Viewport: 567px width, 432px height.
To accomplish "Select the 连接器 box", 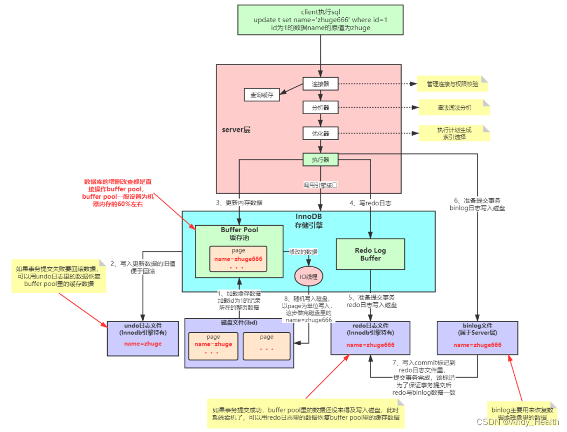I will (x=320, y=84).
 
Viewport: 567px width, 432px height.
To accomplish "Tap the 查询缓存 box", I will (x=261, y=95).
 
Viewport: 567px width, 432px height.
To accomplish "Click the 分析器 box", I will (x=320, y=108).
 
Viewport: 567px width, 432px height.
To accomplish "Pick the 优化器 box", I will (x=320, y=133).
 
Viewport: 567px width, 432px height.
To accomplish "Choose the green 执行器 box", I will (x=320, y=159).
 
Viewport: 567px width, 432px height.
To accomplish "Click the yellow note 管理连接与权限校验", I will (x=452, y=84).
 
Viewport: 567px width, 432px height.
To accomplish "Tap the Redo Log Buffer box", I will (x=370, y=254).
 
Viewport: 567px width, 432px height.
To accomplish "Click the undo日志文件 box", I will (x=143, y=338).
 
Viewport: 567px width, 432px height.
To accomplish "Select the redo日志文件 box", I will (x=370, y=338).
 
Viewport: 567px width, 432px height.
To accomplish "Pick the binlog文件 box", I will (x=477, y=338).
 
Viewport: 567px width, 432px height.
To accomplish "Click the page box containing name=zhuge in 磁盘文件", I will (x=213, y=345).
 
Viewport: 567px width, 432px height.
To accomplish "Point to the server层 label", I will (x=236, y=130).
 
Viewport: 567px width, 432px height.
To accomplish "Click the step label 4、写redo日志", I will (x=370, y=203).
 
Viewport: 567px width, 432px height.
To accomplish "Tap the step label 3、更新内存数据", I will (x=239, y=203).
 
